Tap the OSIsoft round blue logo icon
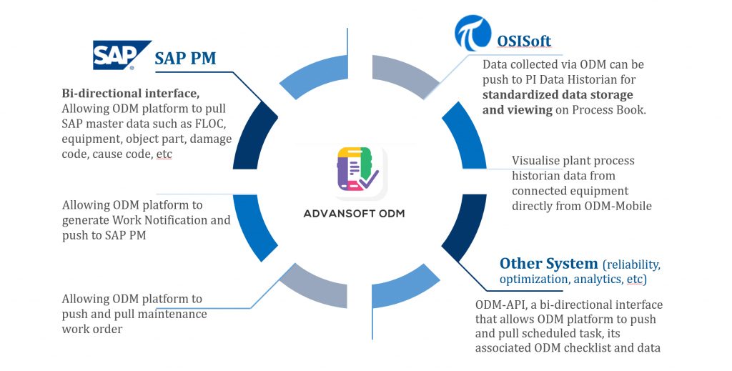473,33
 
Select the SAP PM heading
185,59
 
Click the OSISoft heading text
524,41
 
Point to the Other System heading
548,263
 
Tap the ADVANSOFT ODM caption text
355,214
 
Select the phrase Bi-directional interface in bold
130,94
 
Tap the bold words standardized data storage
558,95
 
